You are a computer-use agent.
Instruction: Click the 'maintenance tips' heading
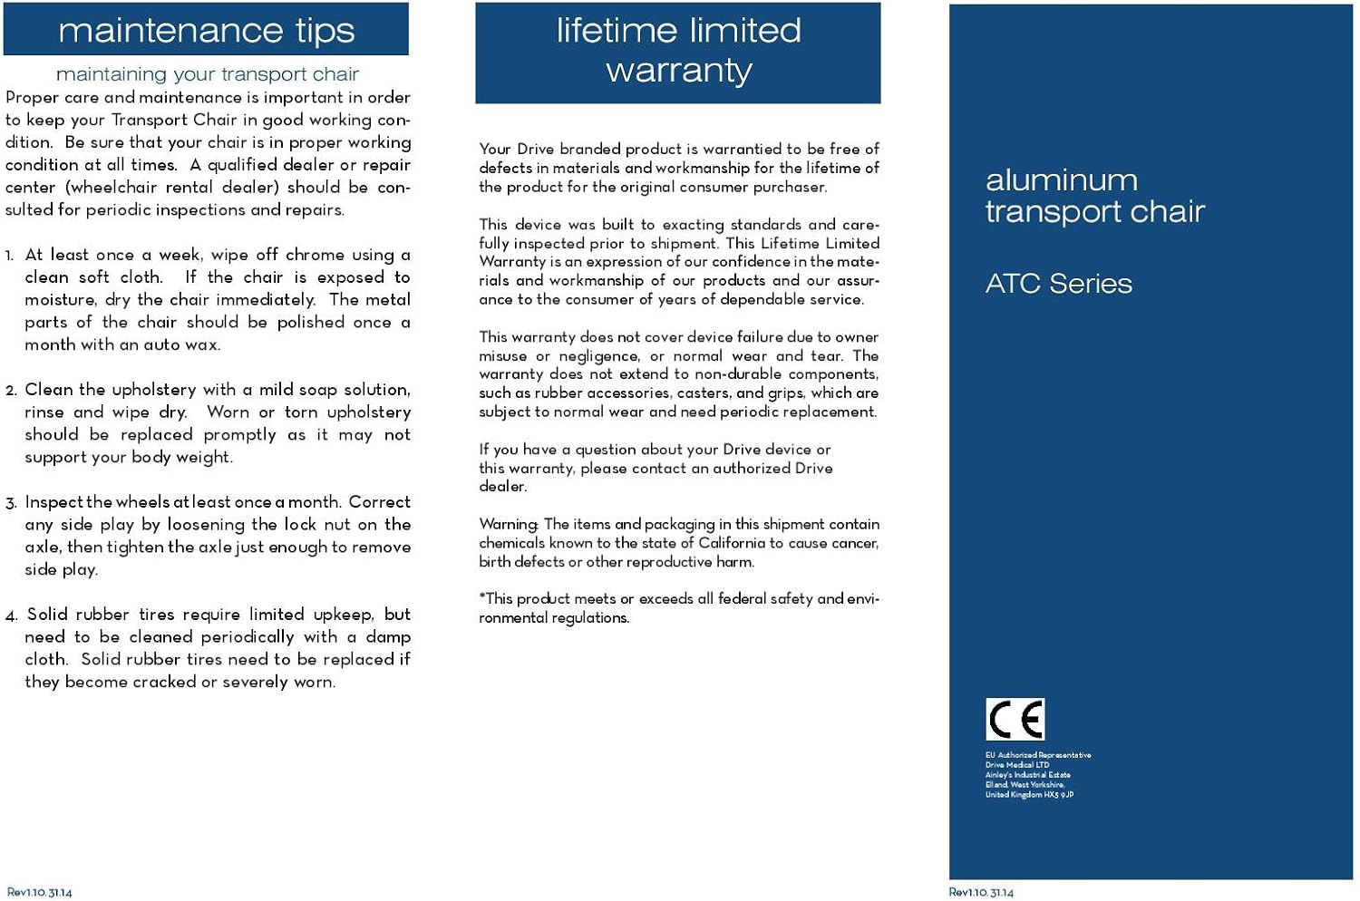pyautogui.click(x=206, y=31)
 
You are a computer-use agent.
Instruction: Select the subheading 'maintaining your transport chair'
pyautogui.click(x=207, y=74)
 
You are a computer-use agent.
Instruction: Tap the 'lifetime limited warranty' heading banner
pyautogui.click(x=678, y=51)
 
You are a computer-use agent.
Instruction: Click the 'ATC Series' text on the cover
pyautogui.click(x=1058, y=284)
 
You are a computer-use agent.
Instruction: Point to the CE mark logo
pyautogui.click(x=1015, y=720)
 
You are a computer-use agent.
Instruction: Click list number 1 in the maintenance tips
pyautogui.click(x=10, y=257)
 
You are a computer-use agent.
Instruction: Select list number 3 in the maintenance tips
pyautogui.click(x=11, y=503)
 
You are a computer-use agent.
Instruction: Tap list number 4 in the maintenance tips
pyautogui.click(x=11, y=616)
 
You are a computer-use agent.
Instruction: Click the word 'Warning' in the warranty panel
pyautogui.click(x=509, y=525)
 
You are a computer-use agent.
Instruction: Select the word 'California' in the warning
pyautogui.click(x=732, y=543)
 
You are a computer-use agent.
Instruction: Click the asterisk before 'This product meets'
pyautogui.click(x=482, y=598)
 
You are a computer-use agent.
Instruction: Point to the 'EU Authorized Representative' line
pyautogui.click(x=1038, y=755)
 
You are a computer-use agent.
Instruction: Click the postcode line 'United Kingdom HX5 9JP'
pyautogui.click(x=1029, y=795)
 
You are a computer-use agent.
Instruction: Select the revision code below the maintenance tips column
pyautogui.click(x=39, y=893)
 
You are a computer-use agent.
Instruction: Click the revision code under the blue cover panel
pyautogui.click(x=981, y=893)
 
